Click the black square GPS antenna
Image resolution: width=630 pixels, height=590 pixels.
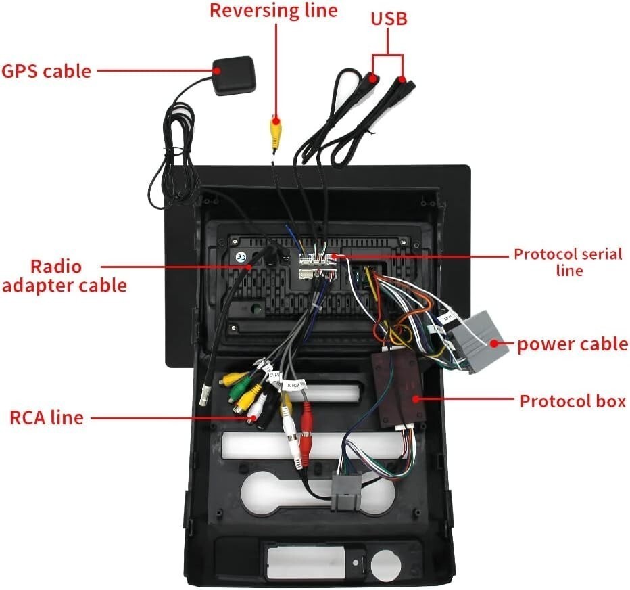(x=233, y=76)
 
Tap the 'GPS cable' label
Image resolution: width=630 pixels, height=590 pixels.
(x=46, y=71)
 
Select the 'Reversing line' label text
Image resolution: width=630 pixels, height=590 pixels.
(x=274, y=10)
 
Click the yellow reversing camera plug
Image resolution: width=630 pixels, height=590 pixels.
(x=275, y=131)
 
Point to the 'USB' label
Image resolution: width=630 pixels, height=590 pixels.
(x=389, y=18)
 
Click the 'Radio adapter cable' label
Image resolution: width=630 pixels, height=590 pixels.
(x=64, y=276)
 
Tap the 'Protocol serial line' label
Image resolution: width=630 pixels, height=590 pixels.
(x=568, y=263)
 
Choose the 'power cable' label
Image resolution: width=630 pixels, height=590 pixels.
(x=572, y=344)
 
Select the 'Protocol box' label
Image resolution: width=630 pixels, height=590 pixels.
(x=573, y=401)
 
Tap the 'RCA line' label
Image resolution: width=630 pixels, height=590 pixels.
(x=47, y=417)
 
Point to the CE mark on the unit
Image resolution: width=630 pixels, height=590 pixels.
(x=241, y=257)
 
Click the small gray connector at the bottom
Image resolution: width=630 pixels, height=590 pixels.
(x=343, y=491)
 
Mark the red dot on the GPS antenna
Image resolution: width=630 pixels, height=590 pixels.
(x=218, y=71)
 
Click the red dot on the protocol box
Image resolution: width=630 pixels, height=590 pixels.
(x=416, y=399)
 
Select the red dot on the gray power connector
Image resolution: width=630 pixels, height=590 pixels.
(x=494, y=344)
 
